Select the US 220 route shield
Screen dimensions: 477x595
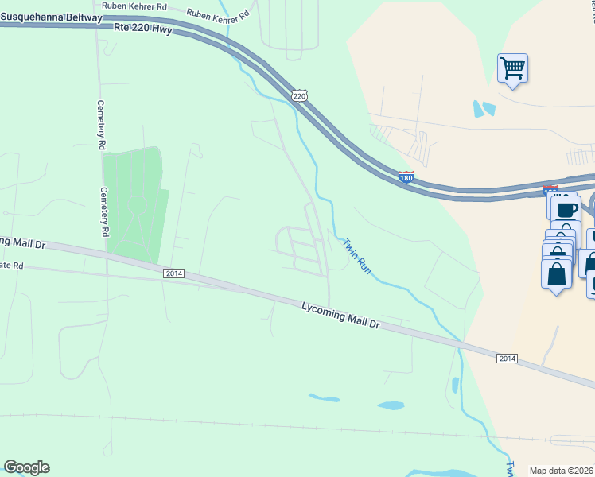point(299,95)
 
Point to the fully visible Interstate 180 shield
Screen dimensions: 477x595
point(406,177)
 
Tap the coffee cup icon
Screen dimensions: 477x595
point(565,209)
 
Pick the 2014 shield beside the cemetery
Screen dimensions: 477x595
point(173,273)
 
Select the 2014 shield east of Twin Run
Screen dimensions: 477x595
point(507,359)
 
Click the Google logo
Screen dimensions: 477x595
point(26,467)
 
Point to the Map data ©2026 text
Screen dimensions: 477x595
point(562,471)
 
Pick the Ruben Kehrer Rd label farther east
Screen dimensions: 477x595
point(217,14)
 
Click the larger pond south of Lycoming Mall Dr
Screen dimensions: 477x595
point(391,405)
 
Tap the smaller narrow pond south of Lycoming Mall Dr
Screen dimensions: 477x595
point(325,397)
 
